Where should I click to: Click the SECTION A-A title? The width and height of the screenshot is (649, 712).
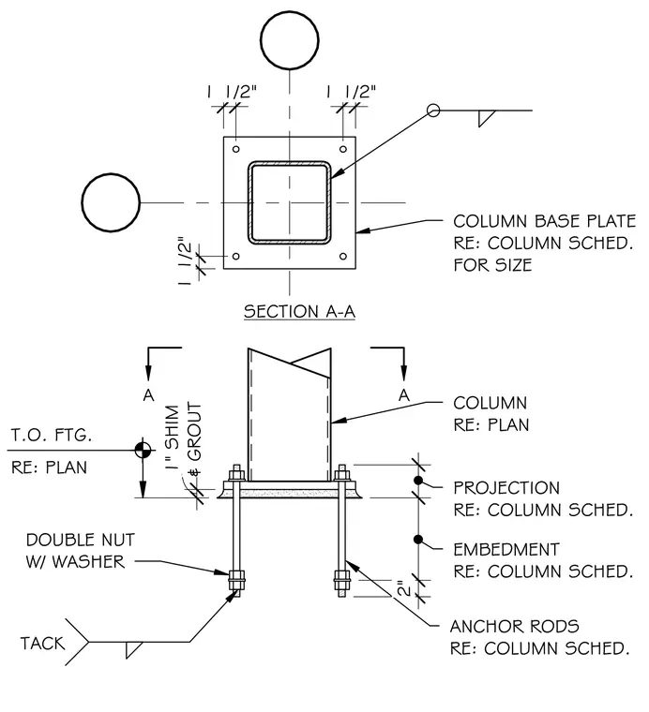[299, 311]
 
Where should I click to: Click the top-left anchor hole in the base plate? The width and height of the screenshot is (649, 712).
[236, 149]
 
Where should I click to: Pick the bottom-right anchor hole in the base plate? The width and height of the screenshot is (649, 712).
[343, 257]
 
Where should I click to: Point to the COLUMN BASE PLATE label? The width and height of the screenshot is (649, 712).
[545, 222]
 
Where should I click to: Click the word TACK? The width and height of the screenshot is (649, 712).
[43, 644]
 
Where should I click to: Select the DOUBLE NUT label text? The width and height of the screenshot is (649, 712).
[81, 540]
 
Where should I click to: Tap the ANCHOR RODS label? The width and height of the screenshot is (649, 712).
[515, 627]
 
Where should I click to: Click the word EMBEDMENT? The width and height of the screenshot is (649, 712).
[506, 549]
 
